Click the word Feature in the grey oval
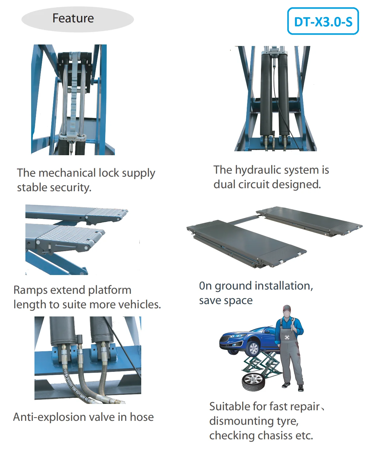(x=73, y=18)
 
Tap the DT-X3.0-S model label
(x=323, y=22)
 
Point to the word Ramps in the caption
(x=31, y=290)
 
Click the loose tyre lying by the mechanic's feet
(x=253, y=382)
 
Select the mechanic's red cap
(x=287, y=308)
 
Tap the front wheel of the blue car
(x=253, y=348)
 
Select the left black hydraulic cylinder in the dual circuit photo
(x=266, y=94)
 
